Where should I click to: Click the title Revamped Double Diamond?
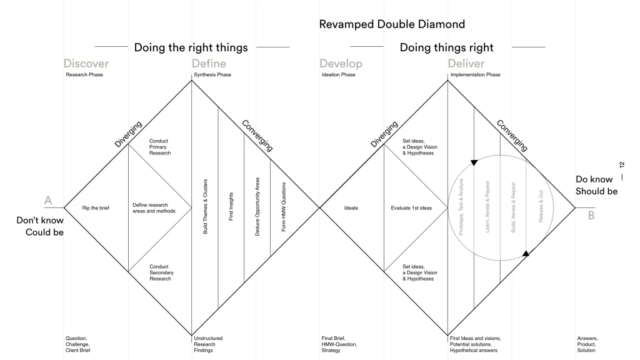(x=392, y=24)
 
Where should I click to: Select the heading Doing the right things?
(x=191, y=47)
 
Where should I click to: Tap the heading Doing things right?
(x=446, y=47)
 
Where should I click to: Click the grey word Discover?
(x=86, y=64)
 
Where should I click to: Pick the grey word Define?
(x=209, y=64)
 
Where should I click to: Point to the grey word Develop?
(x=341, y=64)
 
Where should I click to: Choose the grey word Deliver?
(x=466, y=64)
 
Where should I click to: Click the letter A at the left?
(x=47, y=201)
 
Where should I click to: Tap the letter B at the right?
(x=591, y=216)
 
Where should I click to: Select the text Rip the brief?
(x=96, y=208)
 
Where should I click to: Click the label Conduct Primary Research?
(x=159, y=147)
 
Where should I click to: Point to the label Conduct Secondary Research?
(x=161, y=272)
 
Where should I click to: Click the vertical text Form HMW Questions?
(x=284, y=207)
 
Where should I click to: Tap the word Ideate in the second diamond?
(x=351, y=208)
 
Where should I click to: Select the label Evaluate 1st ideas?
(x=411, y=208)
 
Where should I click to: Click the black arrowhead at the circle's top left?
(x=474, y=162)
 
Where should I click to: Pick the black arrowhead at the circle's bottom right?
(x=526, y=253)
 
